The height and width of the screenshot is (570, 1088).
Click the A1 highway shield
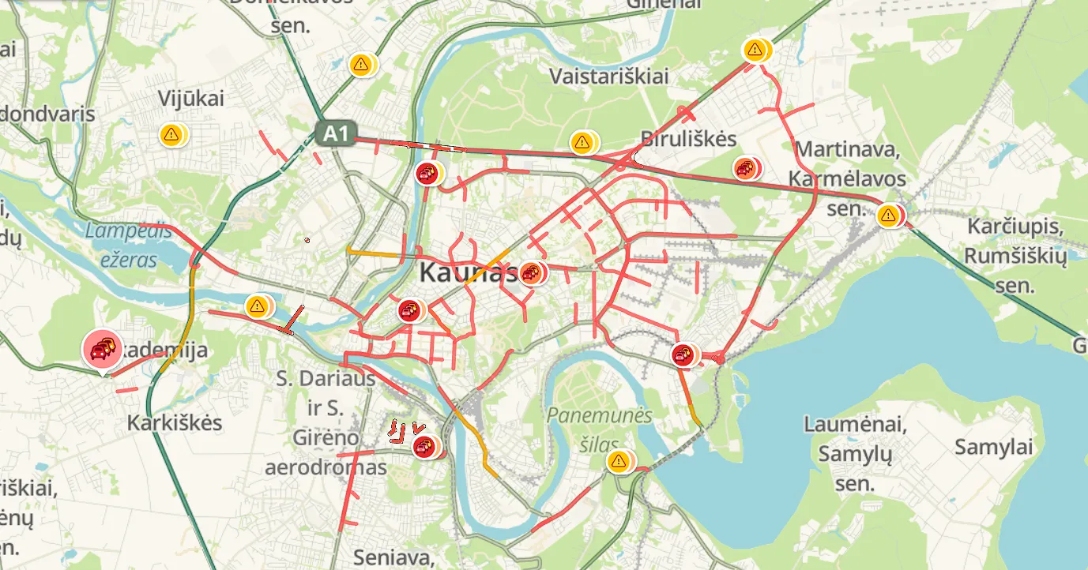337,133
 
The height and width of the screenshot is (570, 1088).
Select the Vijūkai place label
191,99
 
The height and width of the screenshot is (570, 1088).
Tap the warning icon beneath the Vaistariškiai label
582,143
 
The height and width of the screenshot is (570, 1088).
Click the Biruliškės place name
688,139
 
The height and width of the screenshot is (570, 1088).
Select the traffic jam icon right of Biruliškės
745,168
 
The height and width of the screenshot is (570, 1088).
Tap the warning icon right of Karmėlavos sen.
889,214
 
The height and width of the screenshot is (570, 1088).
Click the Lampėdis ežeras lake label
128,245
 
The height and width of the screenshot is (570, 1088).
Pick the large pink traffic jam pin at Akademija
103,348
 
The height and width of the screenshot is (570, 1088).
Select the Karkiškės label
175,423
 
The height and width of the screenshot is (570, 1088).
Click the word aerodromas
326,467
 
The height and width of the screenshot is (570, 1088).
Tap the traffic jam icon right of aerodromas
425,448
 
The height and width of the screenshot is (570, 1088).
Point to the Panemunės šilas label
600,426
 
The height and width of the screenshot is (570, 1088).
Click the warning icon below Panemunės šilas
619,460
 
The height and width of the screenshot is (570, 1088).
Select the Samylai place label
993,447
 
